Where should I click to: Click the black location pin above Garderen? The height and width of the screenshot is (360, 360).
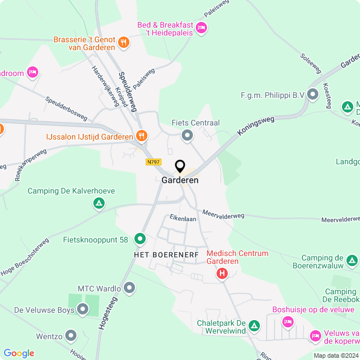pos(180,166)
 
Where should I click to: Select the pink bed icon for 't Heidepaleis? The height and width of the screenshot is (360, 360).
pos(201,28)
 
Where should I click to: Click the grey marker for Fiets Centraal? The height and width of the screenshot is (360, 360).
pos(187,135)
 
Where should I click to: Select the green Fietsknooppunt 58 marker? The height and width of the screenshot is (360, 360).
pos(139,240)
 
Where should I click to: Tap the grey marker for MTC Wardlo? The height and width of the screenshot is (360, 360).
pos(130,289)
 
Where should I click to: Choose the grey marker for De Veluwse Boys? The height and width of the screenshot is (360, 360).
pos(83,309)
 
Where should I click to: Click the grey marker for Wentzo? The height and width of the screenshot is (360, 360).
pos(71,336)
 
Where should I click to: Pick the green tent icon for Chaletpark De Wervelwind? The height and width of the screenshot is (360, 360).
pos(254,326)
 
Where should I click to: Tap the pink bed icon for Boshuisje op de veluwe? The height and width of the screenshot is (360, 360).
pos(288,321)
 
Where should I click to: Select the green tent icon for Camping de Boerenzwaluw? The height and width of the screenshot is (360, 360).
pos(352,260)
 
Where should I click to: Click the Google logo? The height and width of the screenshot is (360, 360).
pos(19,353)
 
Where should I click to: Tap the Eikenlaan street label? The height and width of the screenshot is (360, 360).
pos(183,218)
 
